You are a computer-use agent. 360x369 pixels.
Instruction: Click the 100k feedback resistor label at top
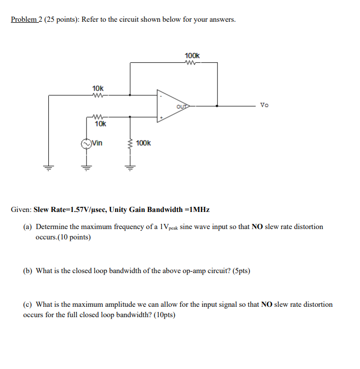point(192,55)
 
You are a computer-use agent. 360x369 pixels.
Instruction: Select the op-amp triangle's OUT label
point(182,107)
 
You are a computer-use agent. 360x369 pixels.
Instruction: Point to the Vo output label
point(265,105)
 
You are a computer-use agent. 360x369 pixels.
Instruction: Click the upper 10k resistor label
point(98,89)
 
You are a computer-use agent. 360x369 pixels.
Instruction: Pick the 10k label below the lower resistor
point(100,124)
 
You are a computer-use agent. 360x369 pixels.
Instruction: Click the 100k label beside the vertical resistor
point(144,143)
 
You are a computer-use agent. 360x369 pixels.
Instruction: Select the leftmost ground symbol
point(49,167)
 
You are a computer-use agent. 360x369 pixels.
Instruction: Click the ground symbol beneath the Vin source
point(86,167)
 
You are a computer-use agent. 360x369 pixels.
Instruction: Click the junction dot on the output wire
point(217,106)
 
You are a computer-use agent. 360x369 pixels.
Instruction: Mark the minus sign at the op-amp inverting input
point(161,96)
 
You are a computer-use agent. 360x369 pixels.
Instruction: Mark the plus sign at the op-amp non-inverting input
point(161,118)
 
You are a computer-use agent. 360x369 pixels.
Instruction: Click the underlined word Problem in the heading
point(24,20)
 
